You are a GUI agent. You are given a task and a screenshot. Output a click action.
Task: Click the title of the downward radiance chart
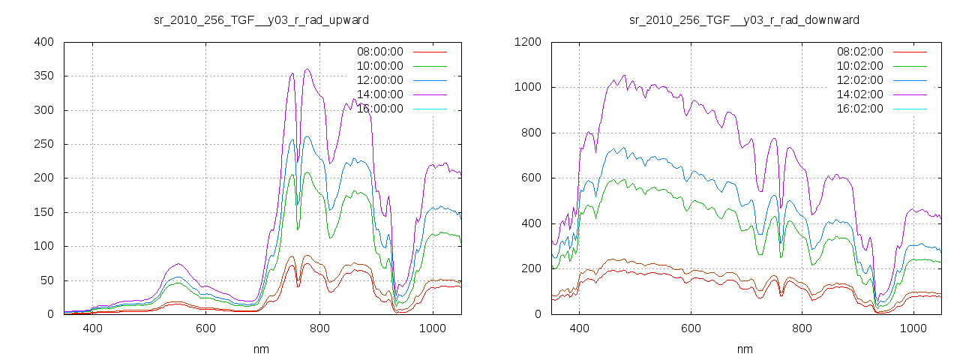(744, 19)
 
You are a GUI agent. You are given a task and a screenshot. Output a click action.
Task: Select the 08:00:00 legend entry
(380, 52)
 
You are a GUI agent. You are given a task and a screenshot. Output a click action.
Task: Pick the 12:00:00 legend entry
(380, 80)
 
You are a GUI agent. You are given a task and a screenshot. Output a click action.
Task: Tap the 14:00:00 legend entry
(380, 94)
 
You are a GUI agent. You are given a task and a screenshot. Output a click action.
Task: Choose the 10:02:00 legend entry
(860, 66)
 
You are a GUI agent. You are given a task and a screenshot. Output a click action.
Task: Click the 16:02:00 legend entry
(860, 109)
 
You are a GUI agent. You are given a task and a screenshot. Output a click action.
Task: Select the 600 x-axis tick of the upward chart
(205, 328)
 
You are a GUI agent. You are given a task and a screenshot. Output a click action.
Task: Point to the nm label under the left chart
(261, 349)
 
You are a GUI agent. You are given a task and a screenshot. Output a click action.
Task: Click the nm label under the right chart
(744, 349)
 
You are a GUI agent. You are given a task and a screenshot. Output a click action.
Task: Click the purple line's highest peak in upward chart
(307, 69)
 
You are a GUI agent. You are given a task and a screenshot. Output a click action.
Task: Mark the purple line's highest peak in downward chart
(624, 75)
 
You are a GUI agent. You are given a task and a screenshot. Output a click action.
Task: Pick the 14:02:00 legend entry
(860, 94)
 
